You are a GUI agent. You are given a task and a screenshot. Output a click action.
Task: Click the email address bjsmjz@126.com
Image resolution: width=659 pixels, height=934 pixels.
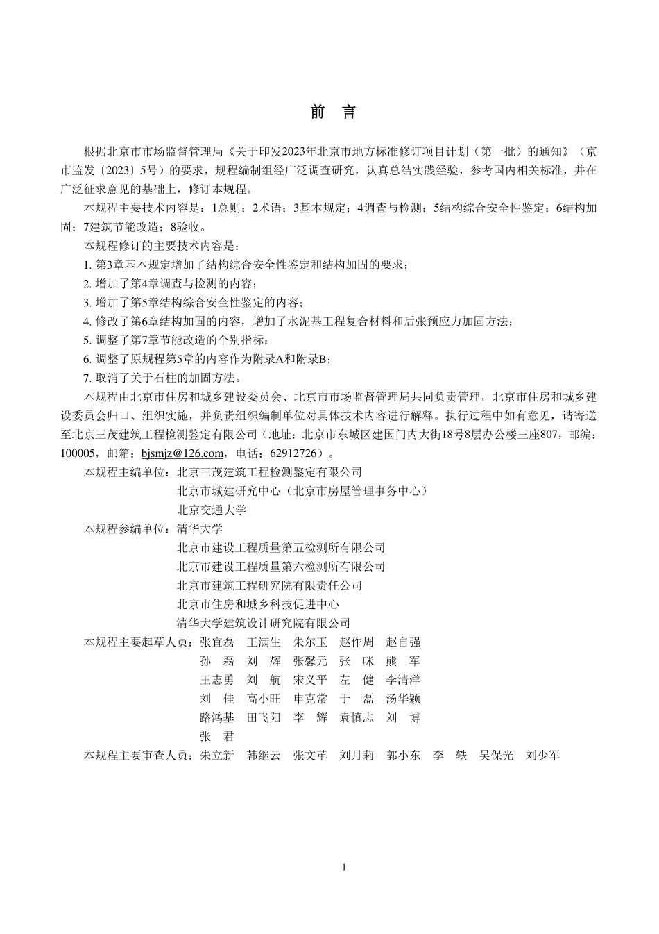tap(182, 453)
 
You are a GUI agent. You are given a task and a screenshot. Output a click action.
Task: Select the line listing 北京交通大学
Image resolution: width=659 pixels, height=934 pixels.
tap(212, 510)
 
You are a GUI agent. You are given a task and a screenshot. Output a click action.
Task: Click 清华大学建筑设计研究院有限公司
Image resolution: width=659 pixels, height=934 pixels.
tap(264, 623)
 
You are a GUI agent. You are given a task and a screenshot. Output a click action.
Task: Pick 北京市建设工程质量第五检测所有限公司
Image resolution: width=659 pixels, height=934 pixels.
tap(281, 548)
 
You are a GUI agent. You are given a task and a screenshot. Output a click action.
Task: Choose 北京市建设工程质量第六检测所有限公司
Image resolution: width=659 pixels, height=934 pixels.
tap(281, 567)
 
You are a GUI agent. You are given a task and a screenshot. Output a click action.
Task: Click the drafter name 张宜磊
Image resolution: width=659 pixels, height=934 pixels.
tap(216, 642)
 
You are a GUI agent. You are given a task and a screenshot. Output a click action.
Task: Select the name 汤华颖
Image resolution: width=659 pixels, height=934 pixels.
tap(403, 699)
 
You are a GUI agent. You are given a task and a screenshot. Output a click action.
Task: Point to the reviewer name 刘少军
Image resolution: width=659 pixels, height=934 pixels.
tap(543, 756)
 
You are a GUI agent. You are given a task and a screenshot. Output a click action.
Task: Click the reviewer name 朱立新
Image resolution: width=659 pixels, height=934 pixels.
tap(216, 756)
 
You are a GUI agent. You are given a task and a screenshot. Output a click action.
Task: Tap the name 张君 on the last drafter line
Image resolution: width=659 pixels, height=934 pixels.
tap(216, 737)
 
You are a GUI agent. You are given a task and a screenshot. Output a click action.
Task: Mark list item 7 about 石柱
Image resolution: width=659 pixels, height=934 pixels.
tap(162, 378)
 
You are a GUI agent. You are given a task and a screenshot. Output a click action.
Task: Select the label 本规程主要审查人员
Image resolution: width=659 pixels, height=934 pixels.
tap(137, 756)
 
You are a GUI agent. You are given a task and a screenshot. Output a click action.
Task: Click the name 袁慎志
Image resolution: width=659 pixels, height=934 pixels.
tap(357, 717)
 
